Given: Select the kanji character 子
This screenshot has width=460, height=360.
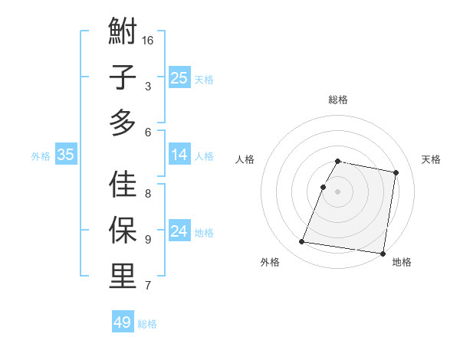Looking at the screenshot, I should point(123,78).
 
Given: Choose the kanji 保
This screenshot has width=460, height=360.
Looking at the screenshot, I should point(123,231).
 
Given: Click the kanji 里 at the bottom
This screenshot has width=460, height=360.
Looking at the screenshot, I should point(123,276).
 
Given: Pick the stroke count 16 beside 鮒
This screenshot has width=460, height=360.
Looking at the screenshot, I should point(148,40).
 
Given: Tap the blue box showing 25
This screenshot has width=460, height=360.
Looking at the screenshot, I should point(179,77).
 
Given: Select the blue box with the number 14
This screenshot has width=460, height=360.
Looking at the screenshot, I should point(179,155).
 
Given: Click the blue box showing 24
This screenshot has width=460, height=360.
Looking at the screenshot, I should point(179,231).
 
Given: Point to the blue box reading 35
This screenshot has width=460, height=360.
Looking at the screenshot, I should point(66,155).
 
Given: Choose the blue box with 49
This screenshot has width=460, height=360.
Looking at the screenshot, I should point(122,322).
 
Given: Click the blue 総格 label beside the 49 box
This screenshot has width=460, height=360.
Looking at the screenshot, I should point(147,324).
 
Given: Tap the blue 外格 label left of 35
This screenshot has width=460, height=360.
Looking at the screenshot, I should point(41,156).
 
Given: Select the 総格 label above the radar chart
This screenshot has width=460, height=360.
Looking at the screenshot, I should point(338,100).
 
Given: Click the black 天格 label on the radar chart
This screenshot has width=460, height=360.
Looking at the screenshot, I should point(431,159).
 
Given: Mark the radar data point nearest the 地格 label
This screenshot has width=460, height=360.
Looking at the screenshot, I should point(383,253).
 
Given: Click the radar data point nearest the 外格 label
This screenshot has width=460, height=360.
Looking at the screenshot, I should point(302,242).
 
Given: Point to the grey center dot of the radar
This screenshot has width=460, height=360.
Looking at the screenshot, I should point(338,191).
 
